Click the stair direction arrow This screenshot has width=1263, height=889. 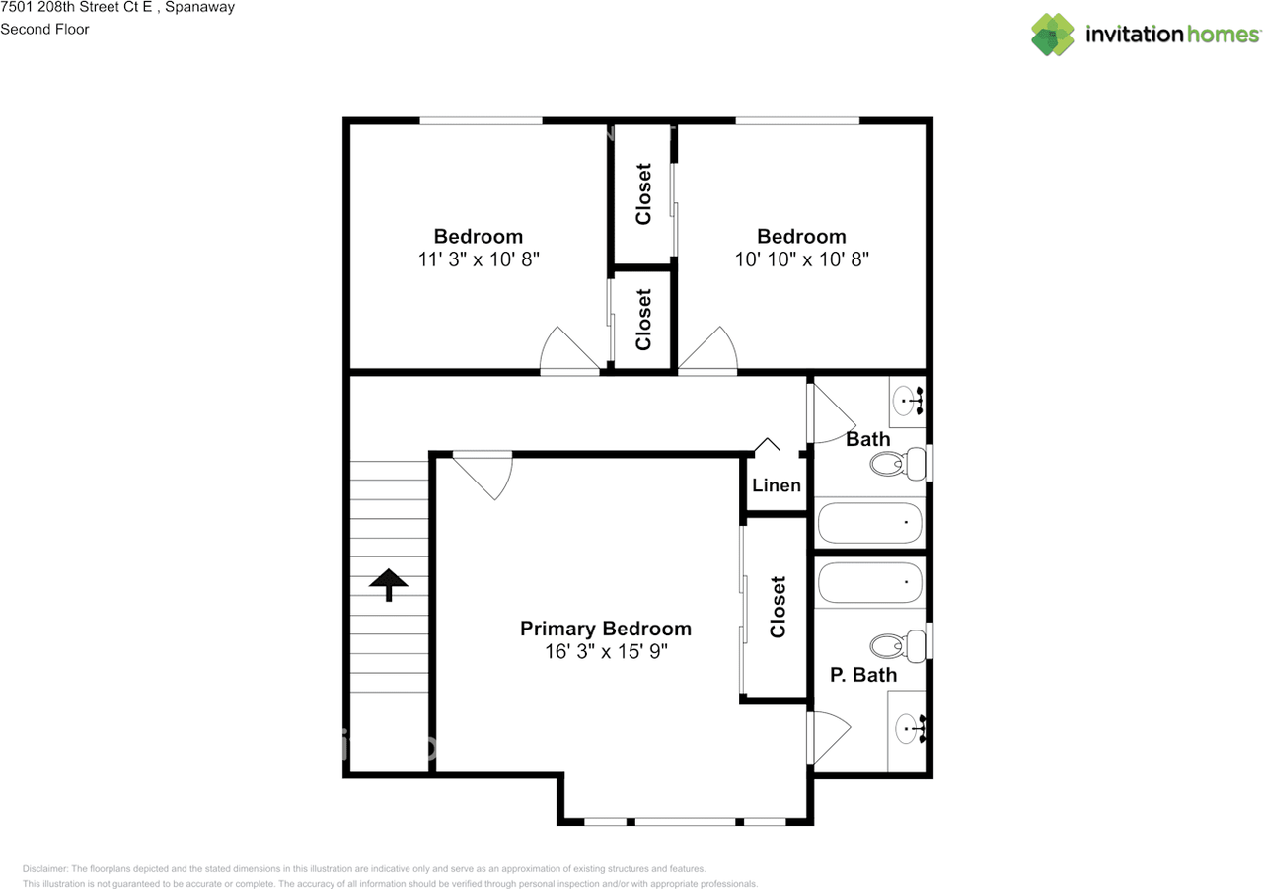(389, 584)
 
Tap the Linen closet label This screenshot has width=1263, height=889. (777, 485)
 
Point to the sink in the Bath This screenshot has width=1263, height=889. (907, 401)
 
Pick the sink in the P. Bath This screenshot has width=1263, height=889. (908, 730)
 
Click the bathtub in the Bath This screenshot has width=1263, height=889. (868, 523)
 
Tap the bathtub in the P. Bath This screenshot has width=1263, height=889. (868, 583)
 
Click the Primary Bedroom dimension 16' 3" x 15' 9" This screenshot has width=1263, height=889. (605, 652)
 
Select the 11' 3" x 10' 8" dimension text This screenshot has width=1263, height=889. (478, 259)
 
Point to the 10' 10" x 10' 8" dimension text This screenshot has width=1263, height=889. (801, 259)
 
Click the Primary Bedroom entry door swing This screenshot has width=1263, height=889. (487, 473)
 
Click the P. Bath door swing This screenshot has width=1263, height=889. (827, 737)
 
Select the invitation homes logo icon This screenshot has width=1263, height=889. (1053, 35)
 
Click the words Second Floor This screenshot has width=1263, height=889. (44, 29)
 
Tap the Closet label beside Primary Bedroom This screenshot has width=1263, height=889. (778, 607)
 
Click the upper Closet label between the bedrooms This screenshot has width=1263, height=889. (643, 194)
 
